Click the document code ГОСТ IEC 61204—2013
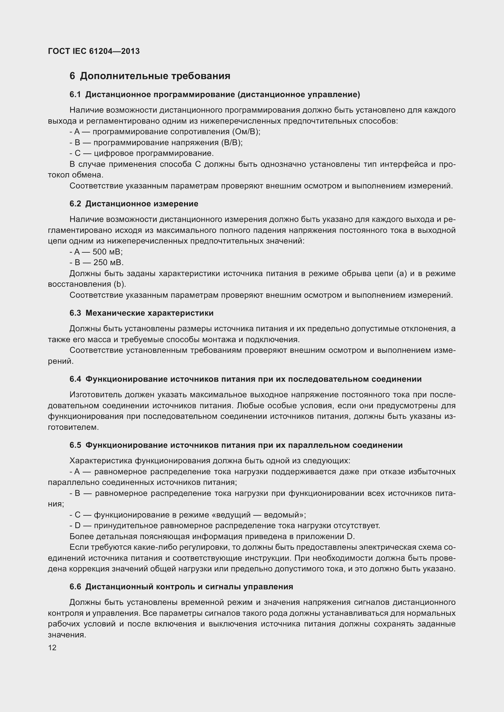click(x=94, y=51)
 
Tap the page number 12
click(x=52, y=647)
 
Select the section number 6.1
click(x=75, y=95)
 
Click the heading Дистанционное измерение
click(x=141, y=204)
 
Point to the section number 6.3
click(x=75, y=313)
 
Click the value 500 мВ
click(x=107, y=252)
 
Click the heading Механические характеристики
click(x=149, y=313)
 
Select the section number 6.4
click(x=75, y=379)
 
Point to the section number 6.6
click(x=75, y=587)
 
